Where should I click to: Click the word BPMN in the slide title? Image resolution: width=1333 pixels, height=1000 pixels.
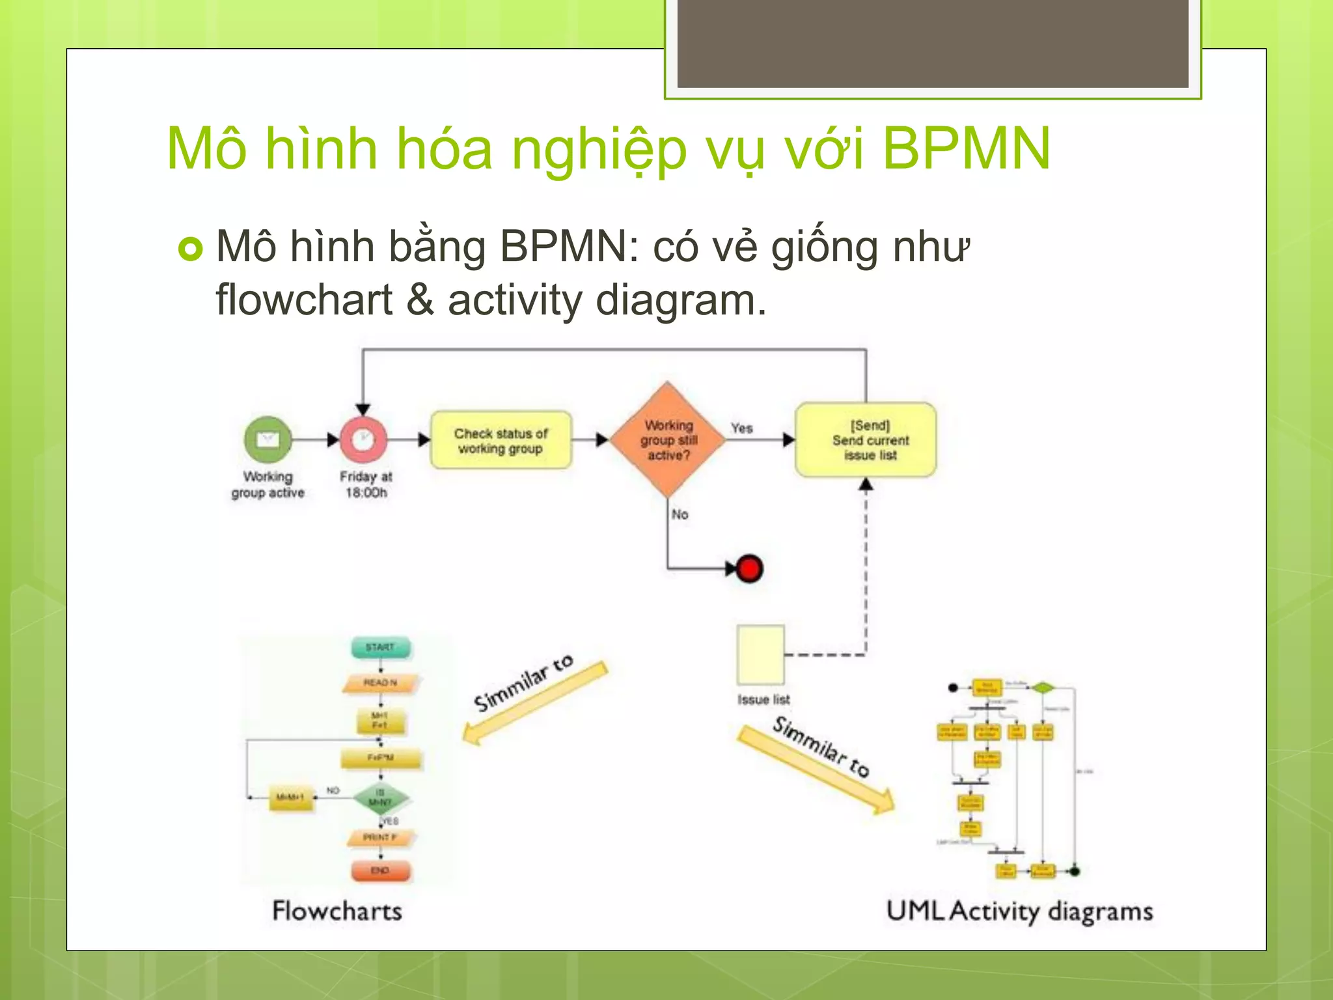tap(966, 149)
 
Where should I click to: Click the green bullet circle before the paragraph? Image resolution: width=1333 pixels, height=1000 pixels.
tap(190, 249)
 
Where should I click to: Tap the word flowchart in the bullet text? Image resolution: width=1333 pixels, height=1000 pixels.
tap(304, 300)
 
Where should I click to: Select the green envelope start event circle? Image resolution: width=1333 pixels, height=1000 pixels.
tap(268, 439)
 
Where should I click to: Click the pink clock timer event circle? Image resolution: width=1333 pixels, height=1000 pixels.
tap(363, 439)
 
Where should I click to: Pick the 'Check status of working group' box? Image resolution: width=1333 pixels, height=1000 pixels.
tap(501, 440)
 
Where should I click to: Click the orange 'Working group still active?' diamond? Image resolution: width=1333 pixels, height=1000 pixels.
tap(668, 439)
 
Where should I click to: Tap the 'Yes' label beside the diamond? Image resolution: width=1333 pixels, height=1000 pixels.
tap(741, 428)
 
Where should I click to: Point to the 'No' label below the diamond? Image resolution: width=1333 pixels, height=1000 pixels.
tap(680, 514)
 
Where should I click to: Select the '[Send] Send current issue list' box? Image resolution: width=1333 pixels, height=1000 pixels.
tap(866, 440)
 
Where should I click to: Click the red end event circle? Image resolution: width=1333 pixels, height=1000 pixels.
tap(749, 568)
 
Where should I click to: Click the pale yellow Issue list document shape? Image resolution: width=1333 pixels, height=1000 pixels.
tap(760, 654)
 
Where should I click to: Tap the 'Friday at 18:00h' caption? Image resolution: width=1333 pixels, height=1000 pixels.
tap(366, 484)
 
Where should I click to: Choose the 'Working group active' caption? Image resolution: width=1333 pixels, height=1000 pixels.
tap(268, 484)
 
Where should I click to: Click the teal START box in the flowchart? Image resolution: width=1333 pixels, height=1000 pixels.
tap(381, 647)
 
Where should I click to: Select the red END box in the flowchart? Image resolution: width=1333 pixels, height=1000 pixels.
tap(381, 870)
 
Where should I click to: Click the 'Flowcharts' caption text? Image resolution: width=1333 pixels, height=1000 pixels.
tap(337, 910)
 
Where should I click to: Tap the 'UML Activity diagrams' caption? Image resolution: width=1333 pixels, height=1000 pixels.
tap(1019, 911)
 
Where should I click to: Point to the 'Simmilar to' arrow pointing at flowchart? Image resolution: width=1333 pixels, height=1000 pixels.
tap(534, 701)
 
